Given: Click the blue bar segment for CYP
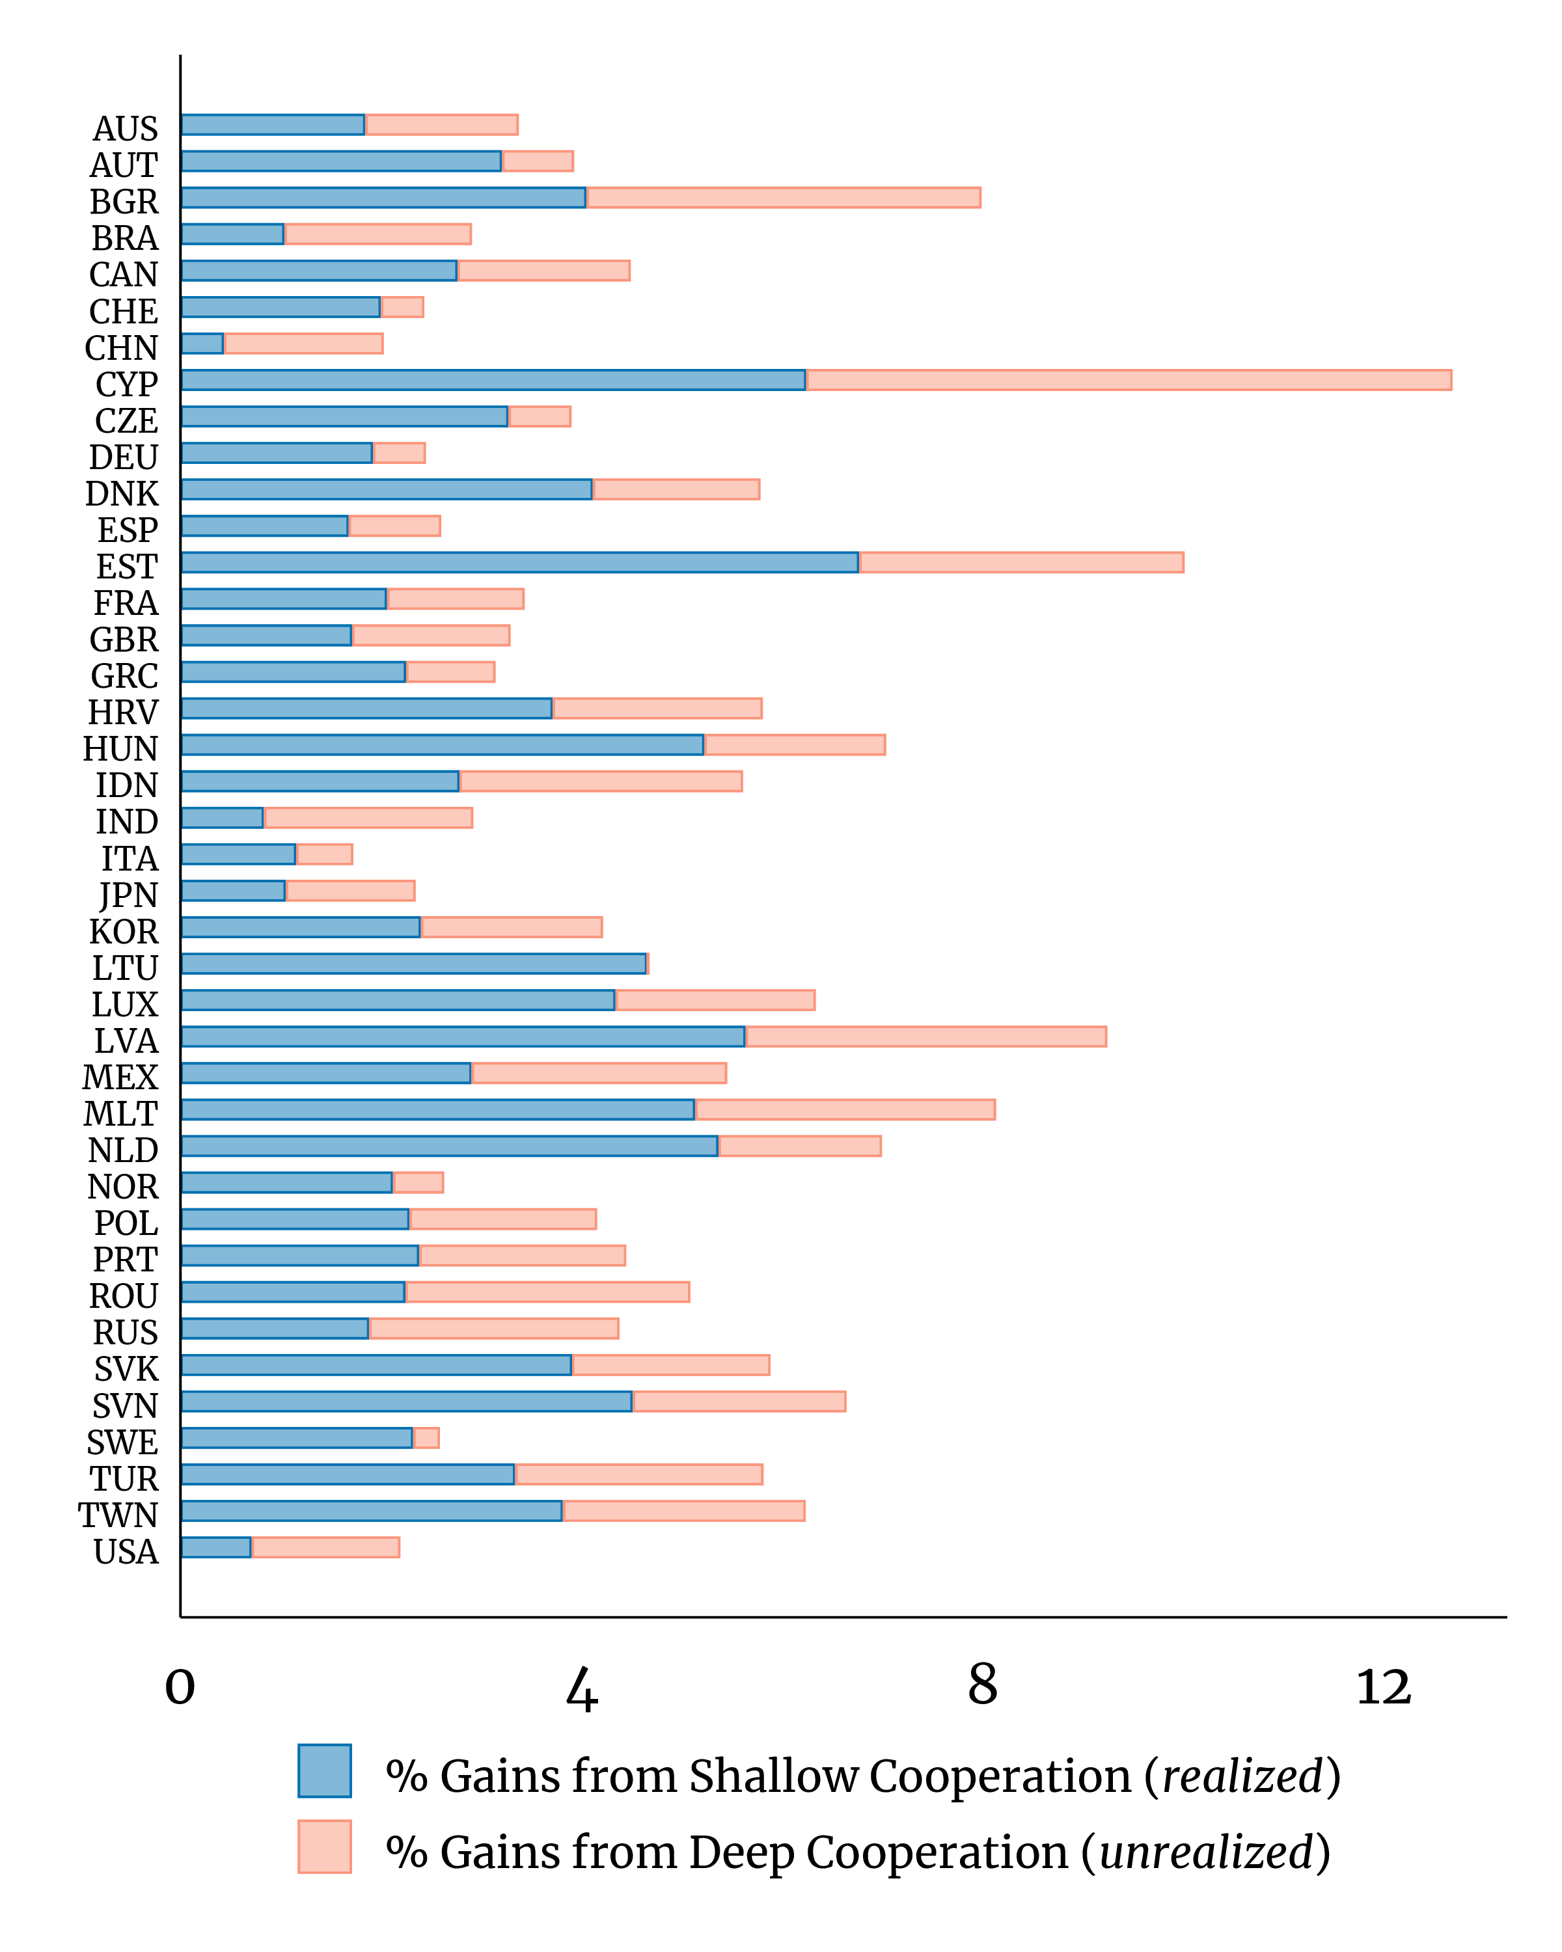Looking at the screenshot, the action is click(x=493, y=380).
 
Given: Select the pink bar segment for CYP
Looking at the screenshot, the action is click(x=1129, y=380).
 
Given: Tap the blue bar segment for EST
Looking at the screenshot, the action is click(x=520, y=562).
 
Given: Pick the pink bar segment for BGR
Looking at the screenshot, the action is click(x=783, y=197).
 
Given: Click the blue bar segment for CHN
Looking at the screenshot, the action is click(x=202, y=343).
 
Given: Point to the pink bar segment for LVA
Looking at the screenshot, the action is click(x=925, y=1037).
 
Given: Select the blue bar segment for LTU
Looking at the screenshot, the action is click(x=414, y=964).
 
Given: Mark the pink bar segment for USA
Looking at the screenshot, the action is click(x=325, y=1547).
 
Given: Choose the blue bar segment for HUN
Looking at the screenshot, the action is click(x=442, y=744).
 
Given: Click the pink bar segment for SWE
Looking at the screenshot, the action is click(x=426, y=1438).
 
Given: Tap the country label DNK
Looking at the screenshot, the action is click(x=121, y=495).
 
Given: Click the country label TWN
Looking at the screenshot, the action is click(x=118, y=1515).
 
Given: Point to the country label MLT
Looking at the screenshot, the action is click(x=120, y=1115).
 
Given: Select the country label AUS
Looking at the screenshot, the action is click(x=125, y=129).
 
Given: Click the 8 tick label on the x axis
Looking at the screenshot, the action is click(x=983, y=1686).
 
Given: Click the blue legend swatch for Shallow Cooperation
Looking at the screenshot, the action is click(x=324, y=1771).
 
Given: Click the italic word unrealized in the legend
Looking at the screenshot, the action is click(x=1205, y=1852).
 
